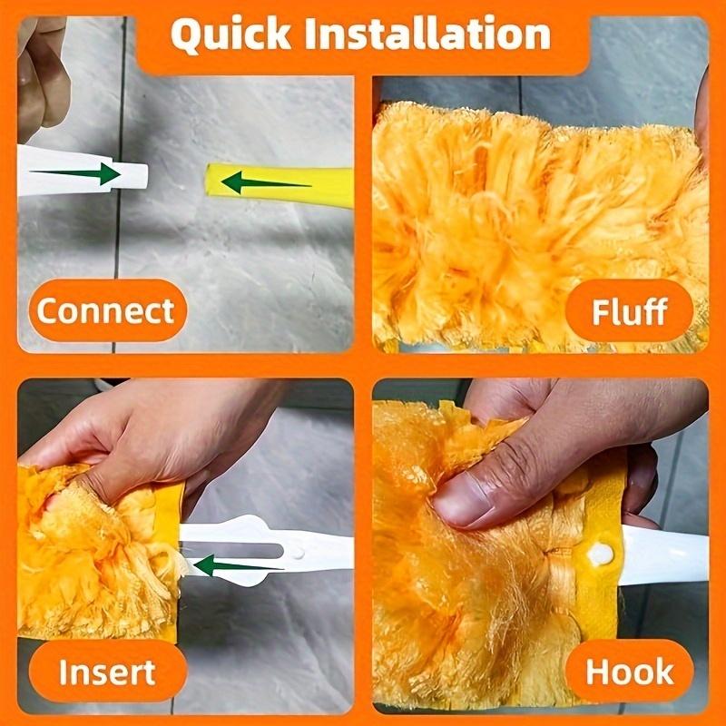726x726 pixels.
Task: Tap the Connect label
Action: [x=105, y=311]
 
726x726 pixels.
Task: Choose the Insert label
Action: [x=106, y=672]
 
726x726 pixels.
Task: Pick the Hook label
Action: [x=629, y=672]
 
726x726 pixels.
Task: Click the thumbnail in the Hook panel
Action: [x=472, y=502]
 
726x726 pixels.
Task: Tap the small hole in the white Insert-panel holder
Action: [x=297, y=551]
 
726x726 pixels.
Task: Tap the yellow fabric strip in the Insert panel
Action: [x=170, y=508]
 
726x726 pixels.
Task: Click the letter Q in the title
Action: [x=188, y=36]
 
